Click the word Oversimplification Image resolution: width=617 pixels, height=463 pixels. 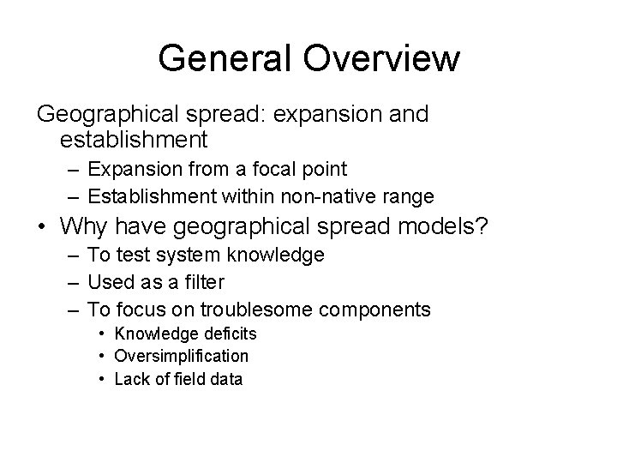click(x=181, y=355)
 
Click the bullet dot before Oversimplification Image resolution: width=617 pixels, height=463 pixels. click(x=101, y=356)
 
